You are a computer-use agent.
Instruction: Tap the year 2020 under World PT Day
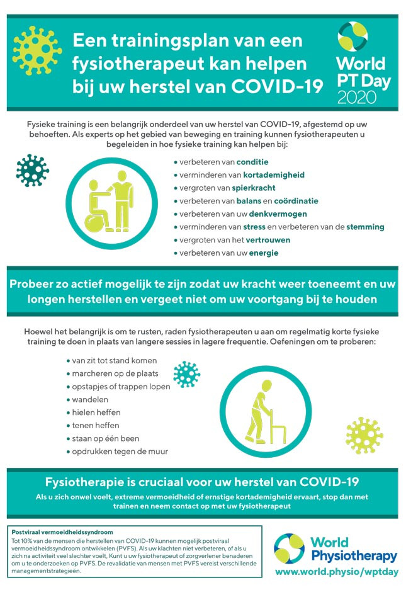pos(357,96)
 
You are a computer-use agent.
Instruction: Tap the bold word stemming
pos(365,227)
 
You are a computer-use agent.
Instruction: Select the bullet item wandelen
pos(90,399)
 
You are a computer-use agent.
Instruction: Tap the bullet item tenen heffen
pos(96,425)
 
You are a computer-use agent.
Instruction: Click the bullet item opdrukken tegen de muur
pos(120,451)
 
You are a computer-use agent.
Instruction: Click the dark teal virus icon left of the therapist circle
pos(33,171)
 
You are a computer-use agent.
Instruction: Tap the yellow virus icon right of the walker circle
pos(364,435)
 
